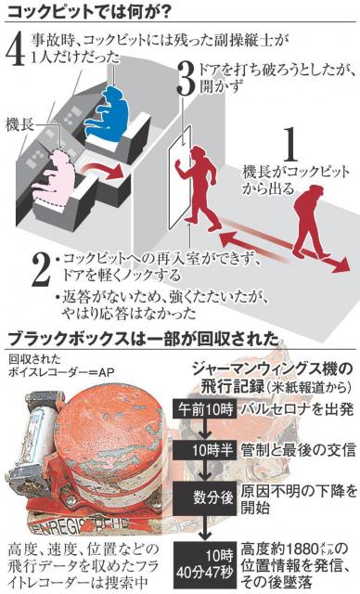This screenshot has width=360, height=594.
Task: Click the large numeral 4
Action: (x=15, y=50)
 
